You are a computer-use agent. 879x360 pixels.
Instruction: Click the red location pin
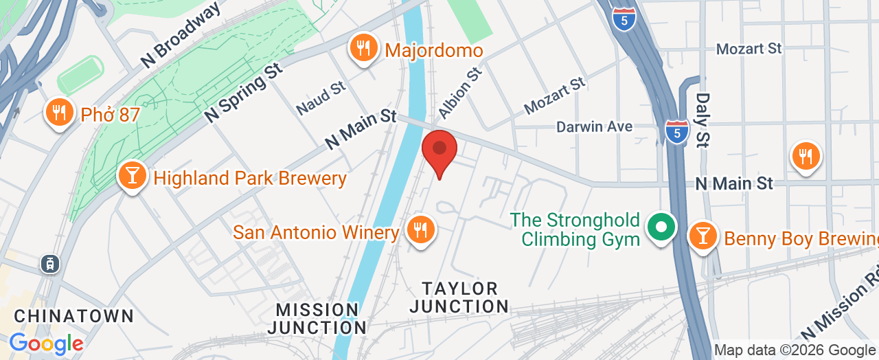click(x=439, y=150)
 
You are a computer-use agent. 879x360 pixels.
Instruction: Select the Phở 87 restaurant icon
click(x=60, y=113)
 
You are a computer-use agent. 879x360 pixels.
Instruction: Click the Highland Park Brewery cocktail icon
click(x=132, y=176)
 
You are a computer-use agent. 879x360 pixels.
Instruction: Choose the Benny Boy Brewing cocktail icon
click(x=703, y=236)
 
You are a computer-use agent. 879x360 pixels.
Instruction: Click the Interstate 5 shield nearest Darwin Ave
click(x=677, y=131)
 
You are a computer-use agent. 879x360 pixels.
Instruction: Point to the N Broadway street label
click(x=182, y=34)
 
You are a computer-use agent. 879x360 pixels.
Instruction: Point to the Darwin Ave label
click(x=594, y=127)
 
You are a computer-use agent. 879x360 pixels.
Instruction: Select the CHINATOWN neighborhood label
click(x=74, y=316)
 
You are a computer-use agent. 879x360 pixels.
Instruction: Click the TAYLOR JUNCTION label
click(x=459, y=297)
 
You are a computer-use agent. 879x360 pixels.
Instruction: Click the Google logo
click(x=46, y=343)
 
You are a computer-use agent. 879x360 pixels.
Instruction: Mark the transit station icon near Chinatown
click(x=49, y=263)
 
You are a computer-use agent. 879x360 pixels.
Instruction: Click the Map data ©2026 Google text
click(x=795, y=350)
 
